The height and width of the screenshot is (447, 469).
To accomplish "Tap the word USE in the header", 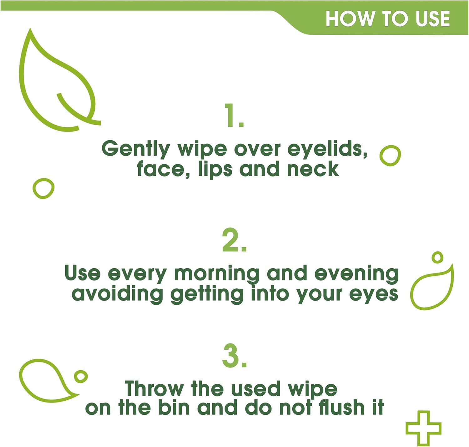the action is (432, 19).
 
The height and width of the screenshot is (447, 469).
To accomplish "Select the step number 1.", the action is (234, 115).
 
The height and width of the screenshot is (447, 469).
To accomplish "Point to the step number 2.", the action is (234, 240).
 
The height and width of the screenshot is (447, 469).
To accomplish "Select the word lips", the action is (215, 169).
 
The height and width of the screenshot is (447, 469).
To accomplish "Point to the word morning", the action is (217, 274).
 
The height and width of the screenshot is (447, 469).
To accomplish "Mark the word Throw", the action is (154, 389).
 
